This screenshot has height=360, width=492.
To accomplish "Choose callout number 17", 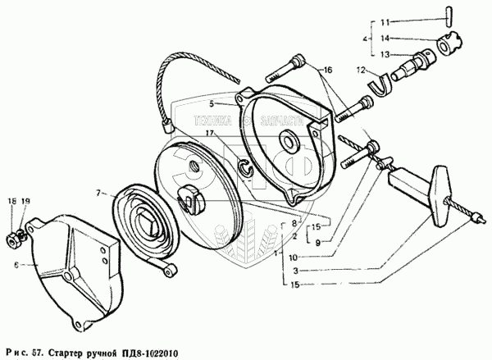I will (211, 133).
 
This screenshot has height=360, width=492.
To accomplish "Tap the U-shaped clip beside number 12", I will (379, 80).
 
